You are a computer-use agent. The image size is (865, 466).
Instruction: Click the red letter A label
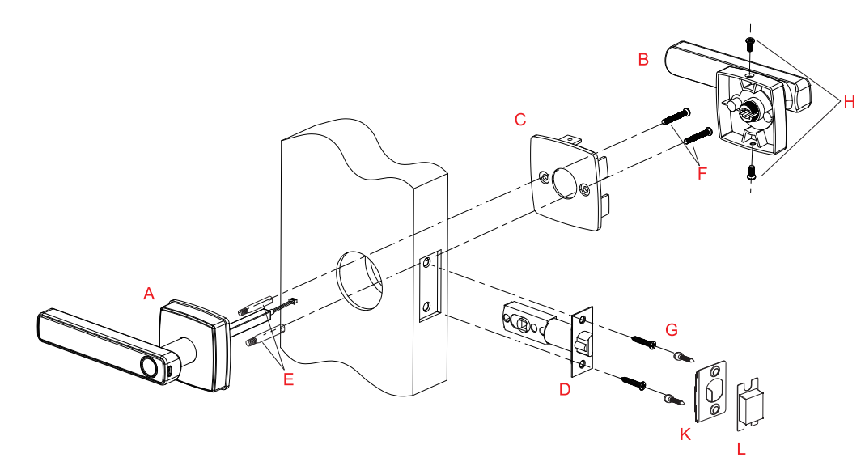click(148, 294)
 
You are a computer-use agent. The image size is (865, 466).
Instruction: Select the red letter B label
click(643, 60)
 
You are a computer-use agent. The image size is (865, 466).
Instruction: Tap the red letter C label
click(520, 120)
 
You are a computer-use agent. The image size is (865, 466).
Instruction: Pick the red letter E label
click(288, 378)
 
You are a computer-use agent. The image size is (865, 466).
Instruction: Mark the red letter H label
click(848, 102)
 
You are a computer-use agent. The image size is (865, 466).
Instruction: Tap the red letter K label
click(685, 434)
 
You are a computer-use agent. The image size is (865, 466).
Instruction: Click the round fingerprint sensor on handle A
click(149, 366)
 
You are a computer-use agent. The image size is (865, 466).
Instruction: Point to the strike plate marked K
click(711, 390)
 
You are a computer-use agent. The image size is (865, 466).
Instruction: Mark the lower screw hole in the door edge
click(426, 307)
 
